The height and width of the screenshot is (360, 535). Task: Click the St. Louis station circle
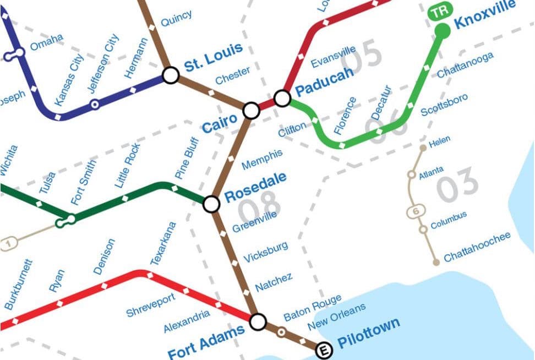coord(171,75)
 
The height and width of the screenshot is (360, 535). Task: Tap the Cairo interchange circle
coord(252,110)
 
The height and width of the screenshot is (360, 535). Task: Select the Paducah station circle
coord(282,99)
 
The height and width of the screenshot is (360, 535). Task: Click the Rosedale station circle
coord(211,204)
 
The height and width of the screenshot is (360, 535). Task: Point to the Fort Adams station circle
coord(258,321)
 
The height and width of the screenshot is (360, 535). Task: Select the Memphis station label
coord(263,159)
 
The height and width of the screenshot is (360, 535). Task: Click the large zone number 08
coord(260,207)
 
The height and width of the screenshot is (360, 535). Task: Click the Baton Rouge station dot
coord(281,332)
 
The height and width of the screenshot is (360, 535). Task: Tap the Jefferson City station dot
coord(95,103)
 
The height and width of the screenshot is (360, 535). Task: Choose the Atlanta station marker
coord(411,175)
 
